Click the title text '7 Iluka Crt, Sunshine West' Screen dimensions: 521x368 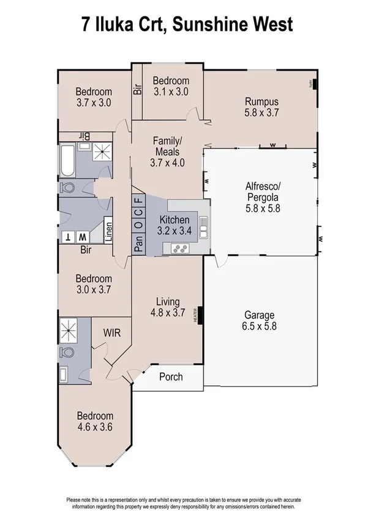click(184, 25)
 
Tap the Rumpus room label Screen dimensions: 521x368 click(261, 107)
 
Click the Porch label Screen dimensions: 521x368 click(171, 376)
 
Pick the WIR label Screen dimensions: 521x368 click(111, 333)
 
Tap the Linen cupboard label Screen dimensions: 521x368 click(108, 231)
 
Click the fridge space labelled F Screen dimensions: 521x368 click(138, 200)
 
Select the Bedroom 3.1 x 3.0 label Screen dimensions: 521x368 click(170, 86)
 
